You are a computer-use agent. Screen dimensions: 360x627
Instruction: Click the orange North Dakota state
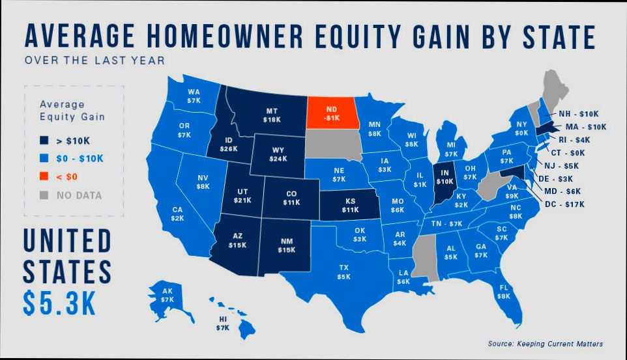pyautogui.click(x=332, y=113)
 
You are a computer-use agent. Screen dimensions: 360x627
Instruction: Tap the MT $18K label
pyautogui.click(x=272, y=115)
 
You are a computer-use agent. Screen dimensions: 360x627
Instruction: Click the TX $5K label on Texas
pyautogui.click(x=343, y=271)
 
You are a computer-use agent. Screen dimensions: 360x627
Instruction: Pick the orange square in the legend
pyautogui.click(x=44, y=176)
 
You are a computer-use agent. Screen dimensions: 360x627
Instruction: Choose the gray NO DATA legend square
pyautogui.click(x=44, y=194)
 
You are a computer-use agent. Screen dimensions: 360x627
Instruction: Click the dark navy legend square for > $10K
pyautogui.click(x=44, y=139)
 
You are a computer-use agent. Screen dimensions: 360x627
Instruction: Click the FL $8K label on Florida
pyautogui.click(x=503, y=292)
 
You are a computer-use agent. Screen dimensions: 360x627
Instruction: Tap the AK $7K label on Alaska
pyautogui.click(x=168, y=295)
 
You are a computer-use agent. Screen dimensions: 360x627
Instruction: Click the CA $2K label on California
pyautogui.click(x=177, y=214)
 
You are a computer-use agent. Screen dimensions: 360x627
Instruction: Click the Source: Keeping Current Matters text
pyautogui.click(x=545, y=343)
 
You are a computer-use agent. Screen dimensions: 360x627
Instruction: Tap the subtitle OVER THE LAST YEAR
pyautogui.click(x=95, y=61)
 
